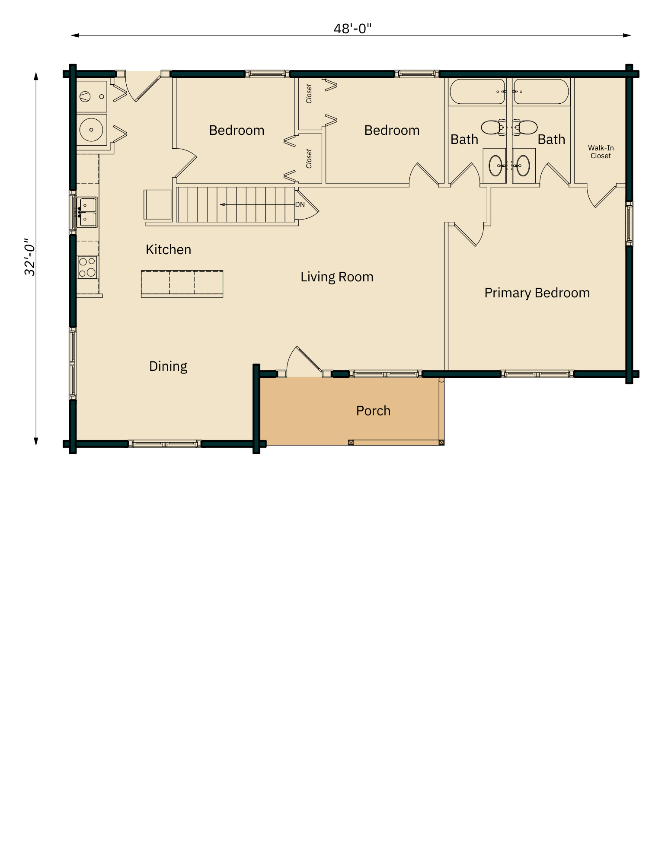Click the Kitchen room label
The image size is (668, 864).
(x=168, y=250)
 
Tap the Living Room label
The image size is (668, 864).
(x=337, y=277)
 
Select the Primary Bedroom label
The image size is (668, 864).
(x=537, y=293)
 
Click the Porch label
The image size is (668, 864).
(x=373, y=411)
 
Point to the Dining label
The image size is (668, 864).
(x=168, y=367)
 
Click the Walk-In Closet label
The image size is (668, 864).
(x=601, y=152)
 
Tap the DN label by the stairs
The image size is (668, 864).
(x=300, y=204)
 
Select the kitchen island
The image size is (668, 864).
(x=182, y=284)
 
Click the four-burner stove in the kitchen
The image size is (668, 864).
(x=87, y=267)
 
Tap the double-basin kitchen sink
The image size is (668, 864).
(x=87, y=212)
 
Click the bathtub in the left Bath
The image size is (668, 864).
(x=477, y=92)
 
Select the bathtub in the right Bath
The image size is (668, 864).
(x=541, y=92)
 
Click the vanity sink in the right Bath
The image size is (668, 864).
(x=523, y=166)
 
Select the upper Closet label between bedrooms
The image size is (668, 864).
(x=309, y=94)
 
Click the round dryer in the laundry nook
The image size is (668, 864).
(x=91, y=129)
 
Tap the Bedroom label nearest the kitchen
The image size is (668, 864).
(x=237, y=131)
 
